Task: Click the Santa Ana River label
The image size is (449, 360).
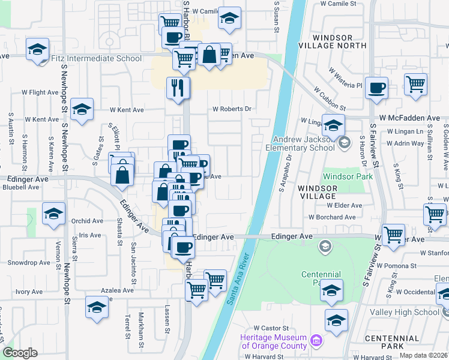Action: [238, 283]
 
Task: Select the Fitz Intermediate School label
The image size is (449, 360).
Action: [97, 58]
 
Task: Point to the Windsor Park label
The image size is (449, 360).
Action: [348, 176]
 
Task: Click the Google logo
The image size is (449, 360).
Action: [20, 353]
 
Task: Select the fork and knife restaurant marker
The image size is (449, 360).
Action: [178, 88]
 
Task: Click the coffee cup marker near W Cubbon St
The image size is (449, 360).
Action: [376, 88]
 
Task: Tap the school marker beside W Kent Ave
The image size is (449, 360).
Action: [82, 109]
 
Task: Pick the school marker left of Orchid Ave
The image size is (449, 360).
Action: [53, 214]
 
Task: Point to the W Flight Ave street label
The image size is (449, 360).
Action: [43, 93]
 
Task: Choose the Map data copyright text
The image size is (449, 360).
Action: [424, 355]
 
